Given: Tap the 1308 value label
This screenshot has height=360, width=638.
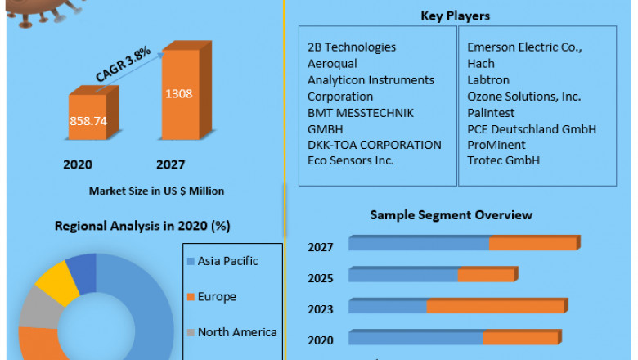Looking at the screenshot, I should click(178, 93).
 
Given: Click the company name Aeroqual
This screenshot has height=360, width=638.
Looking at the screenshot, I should click(332, 64).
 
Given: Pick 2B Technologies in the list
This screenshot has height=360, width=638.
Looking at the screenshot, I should click(352, 47).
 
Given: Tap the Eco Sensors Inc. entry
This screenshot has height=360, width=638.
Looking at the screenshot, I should click(351, 160).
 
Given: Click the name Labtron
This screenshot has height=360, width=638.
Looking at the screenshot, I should click(488, 80).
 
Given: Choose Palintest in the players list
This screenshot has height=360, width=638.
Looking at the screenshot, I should click(492, 113).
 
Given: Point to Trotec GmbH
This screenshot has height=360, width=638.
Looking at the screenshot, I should click(504, 160).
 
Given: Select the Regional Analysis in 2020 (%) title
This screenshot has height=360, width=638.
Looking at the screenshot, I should click(141, 225).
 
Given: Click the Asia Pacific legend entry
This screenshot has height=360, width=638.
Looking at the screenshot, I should click(227, 261).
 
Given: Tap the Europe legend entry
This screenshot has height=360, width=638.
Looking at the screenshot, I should click(216, 296).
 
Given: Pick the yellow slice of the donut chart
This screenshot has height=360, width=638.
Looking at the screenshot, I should click(52, 279).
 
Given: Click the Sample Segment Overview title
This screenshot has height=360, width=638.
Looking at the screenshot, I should click(451, 215).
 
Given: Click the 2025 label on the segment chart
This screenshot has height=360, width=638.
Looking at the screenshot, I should click(321, 279).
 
